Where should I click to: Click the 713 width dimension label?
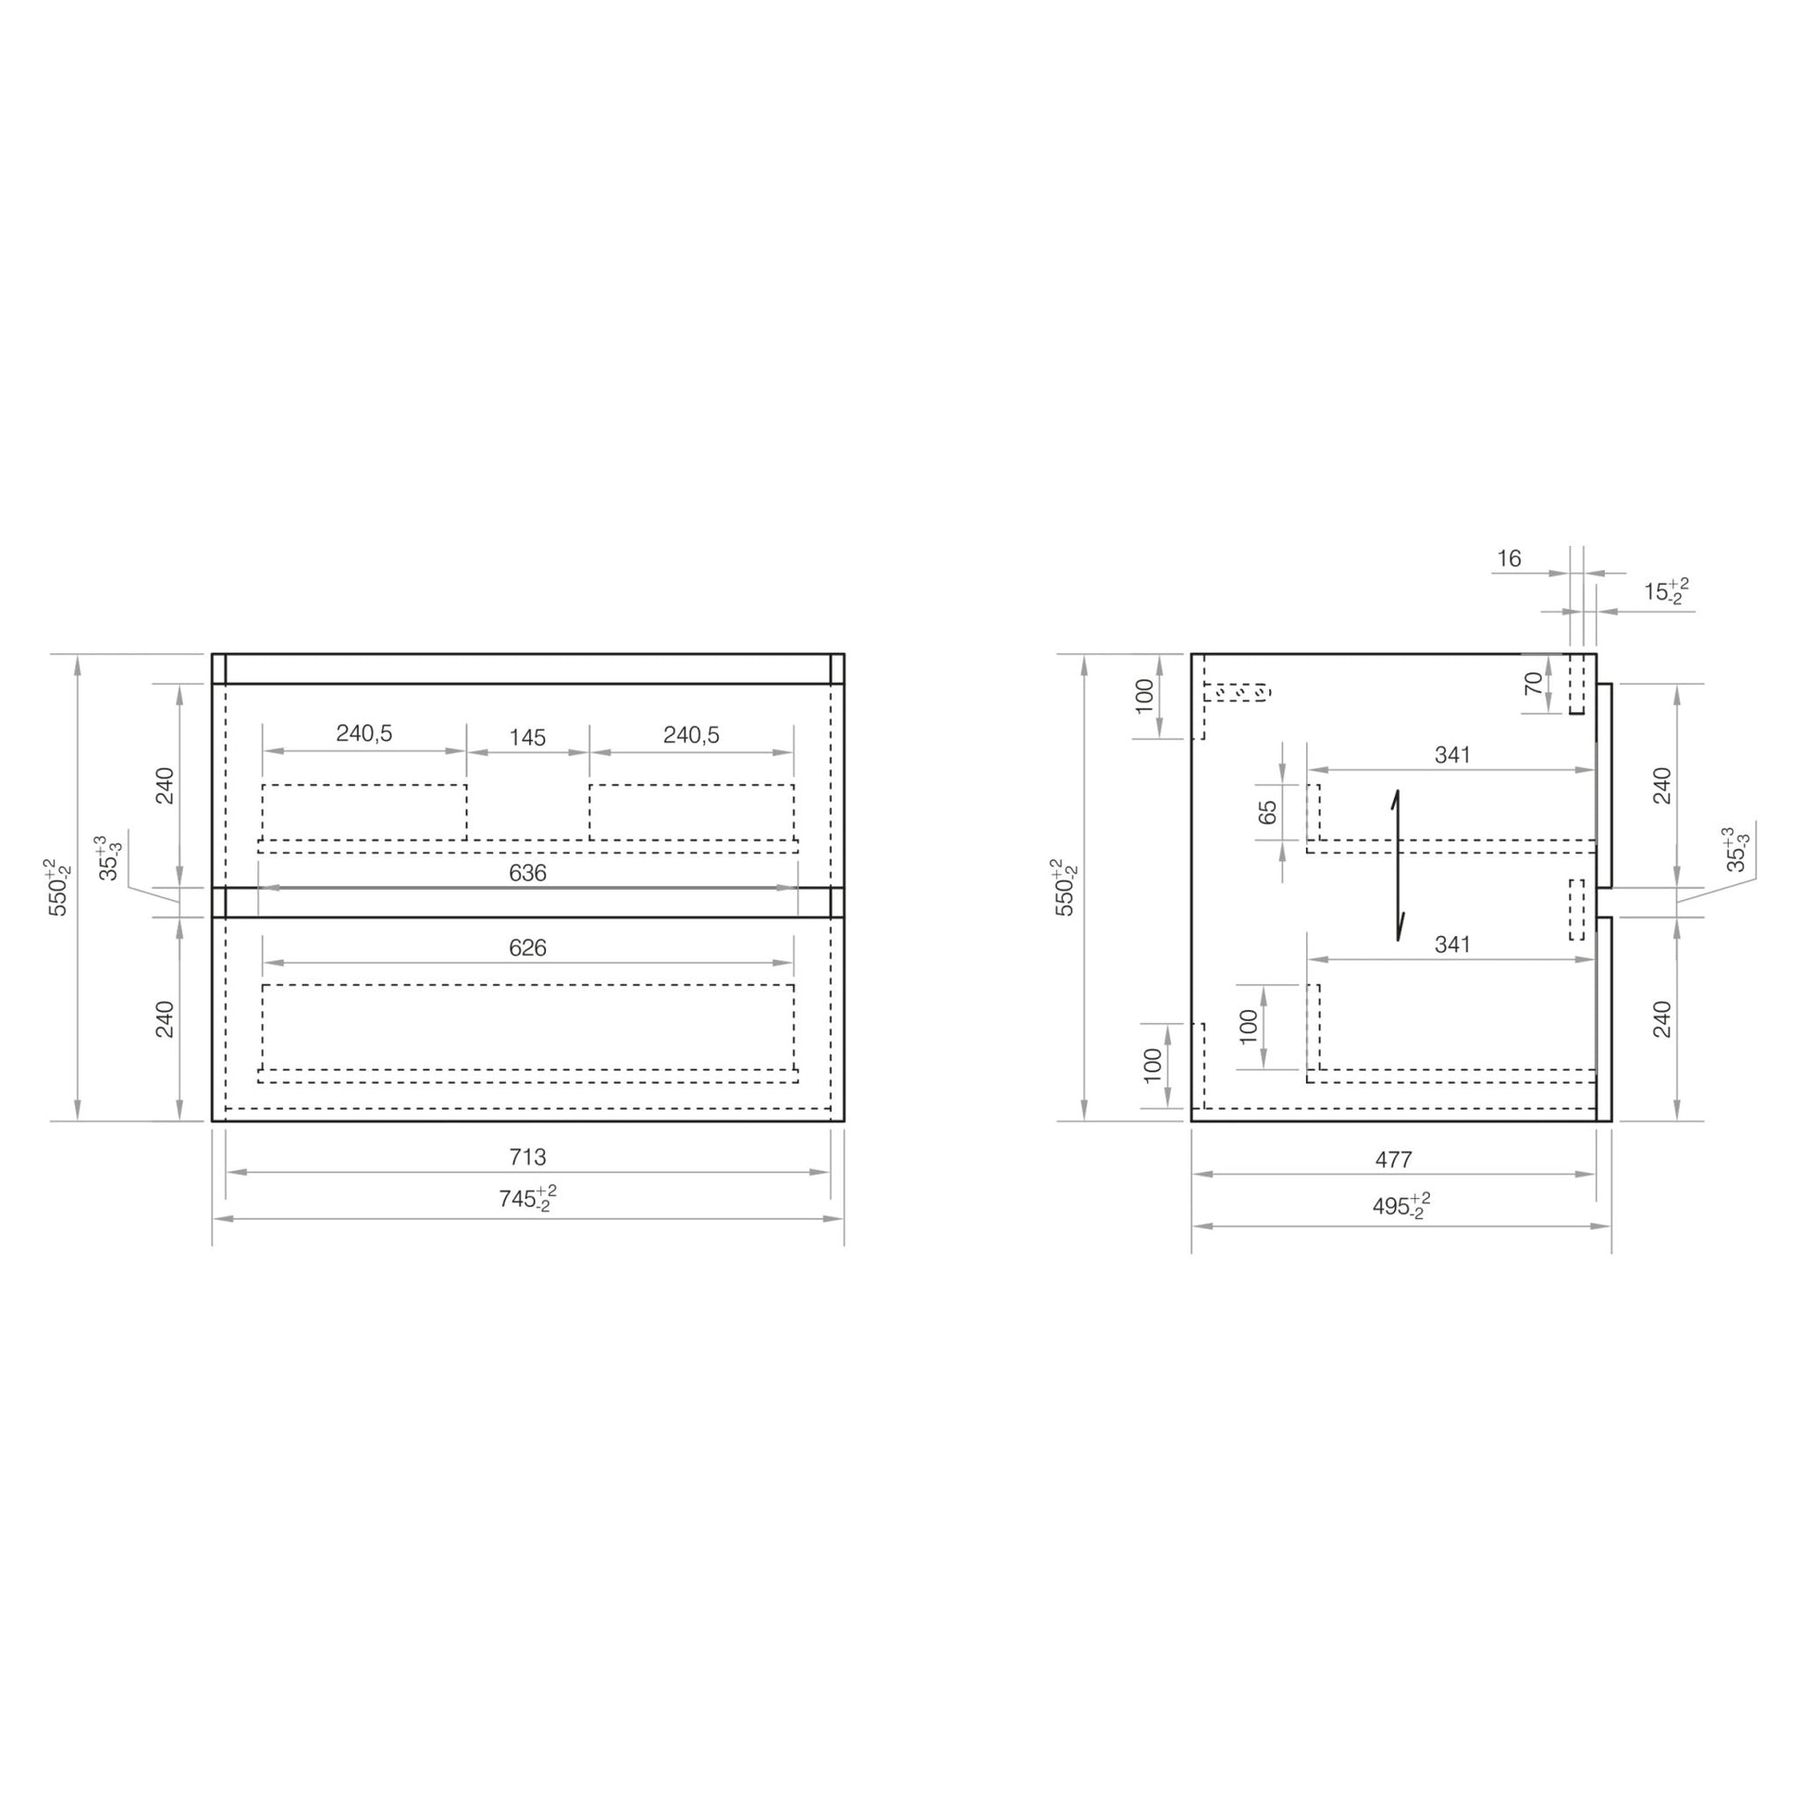pyautogui.click(x=527, y=1157)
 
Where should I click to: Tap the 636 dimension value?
pyautogui.click(x=527, y=873)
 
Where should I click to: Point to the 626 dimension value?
pyautogui.click(x=527, y=947)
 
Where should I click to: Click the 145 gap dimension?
pyautogui.click(x=527, y=738)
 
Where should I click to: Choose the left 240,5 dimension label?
pyautogui.click(x=364, y=734)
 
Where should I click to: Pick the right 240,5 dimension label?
pyautogui.click(x=691, y=735)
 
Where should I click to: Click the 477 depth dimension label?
pyautogui.click(x=1394, y=1160)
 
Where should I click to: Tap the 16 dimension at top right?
pyautogui.click(x=1510, y=558)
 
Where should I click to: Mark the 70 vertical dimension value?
pyautogui.click(x=1534, y=684)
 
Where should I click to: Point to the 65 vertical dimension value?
pyautogui.click(x=1268, y=812)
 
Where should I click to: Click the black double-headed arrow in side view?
pyautogui.click(x=1398, y=866)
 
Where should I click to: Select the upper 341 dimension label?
pyautogui.click(x=1452, y=755)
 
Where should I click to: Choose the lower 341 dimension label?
pyautogui.click(x=1452, y=943)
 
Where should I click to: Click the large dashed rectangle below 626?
pyautogui.click(x=528, y=1027)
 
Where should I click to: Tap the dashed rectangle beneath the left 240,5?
pyautogui.click(x=364, y=811)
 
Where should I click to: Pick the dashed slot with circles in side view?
pyautogui.click(x=1238, y=692)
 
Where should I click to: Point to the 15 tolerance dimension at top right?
pyautogui.click(x=1666, y=592)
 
